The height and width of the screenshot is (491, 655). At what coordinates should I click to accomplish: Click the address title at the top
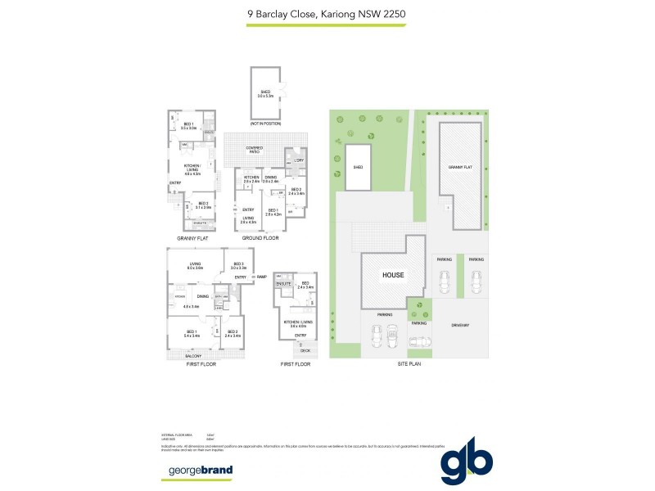click(x=327, y=13)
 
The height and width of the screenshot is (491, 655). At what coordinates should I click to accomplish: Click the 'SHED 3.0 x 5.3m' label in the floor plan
click(x=265, y=93)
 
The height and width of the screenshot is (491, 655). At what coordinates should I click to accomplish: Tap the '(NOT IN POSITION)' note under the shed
click(x=265, y=124)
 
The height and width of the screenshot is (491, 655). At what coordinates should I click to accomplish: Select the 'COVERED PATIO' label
click(x=260, y=149)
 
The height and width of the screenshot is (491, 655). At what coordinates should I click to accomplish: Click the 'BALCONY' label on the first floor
click(x=193, y=356)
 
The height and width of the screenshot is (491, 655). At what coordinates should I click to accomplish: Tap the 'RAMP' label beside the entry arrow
click(x=261, y=277)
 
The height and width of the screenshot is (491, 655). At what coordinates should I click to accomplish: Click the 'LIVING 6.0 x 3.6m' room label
click(x=195, y=266)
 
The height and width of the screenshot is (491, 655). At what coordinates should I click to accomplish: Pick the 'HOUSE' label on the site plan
click(x=393, y=275)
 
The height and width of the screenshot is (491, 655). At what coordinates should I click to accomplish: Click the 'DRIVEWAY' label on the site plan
click(x=459, y=326)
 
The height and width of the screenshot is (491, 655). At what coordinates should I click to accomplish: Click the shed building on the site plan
click(x=358, y=167)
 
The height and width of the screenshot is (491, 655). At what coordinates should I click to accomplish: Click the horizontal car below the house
click(x=418, y=341)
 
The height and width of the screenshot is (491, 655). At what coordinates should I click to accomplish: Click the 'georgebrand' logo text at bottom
click(x=201, y=470)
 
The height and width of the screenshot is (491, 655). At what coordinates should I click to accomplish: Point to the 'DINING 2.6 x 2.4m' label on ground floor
click(x=271, y=179)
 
